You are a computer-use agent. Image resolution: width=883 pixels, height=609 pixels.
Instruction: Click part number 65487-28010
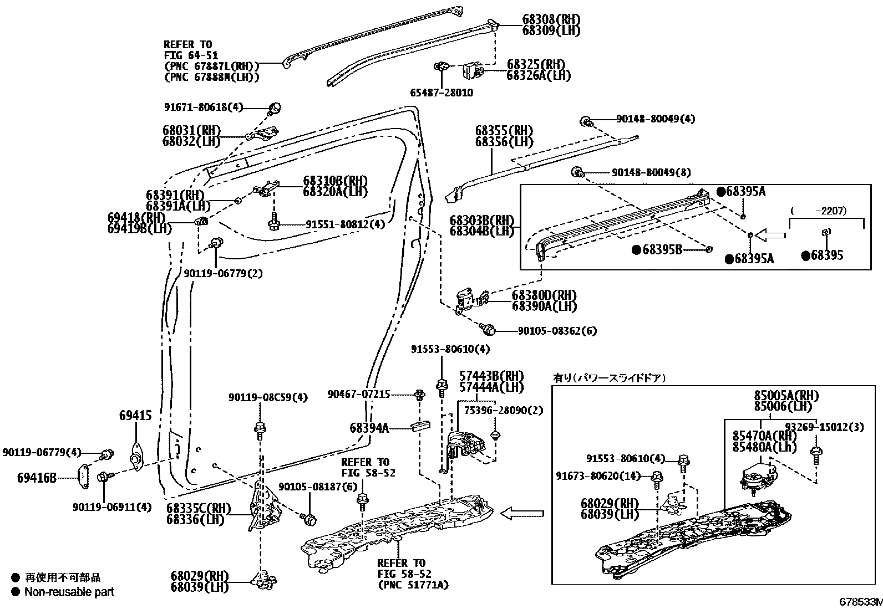442,93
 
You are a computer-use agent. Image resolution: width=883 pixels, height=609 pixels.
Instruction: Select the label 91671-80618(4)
204,108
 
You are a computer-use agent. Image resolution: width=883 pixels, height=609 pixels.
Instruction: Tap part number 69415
135,415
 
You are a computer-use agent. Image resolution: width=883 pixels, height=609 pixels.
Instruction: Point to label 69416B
37,477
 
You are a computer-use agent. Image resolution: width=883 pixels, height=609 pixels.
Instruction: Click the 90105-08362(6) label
557,331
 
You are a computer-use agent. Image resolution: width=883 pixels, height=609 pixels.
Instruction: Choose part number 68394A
369,428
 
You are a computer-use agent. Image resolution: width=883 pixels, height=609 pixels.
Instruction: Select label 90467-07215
358,394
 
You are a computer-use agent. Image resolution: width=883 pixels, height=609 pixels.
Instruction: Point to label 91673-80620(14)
598,475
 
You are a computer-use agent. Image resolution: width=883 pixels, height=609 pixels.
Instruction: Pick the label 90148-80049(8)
651,172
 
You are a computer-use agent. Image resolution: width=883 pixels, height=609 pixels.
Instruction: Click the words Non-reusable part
69,592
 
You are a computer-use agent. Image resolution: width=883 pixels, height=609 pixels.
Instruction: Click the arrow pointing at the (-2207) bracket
771,236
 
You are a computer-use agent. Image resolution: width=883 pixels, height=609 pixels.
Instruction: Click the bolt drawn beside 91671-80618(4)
275,109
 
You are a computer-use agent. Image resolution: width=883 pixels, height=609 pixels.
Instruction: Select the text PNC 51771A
413,585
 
